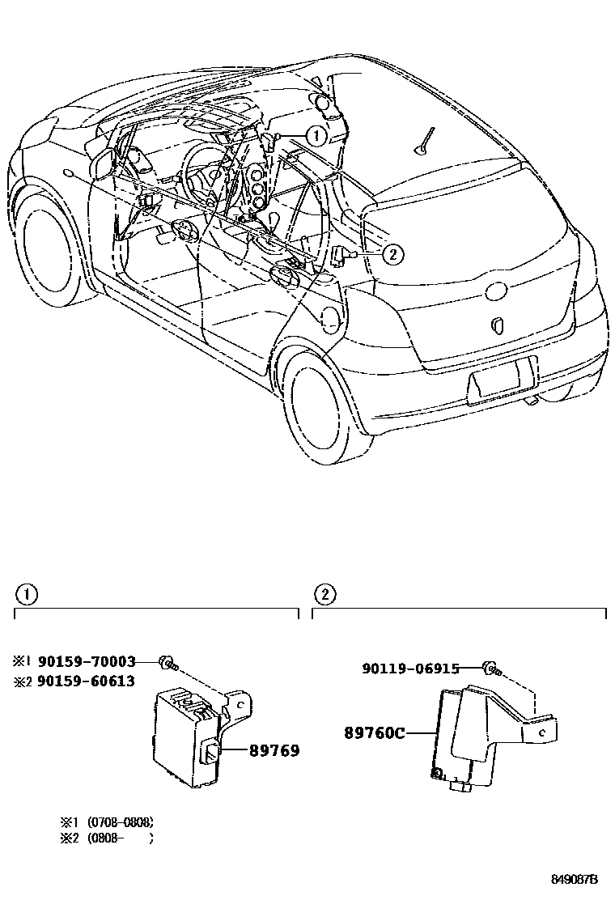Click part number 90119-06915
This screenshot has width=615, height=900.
[x=411, y=669]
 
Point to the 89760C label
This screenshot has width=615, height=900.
[x=374, y=732]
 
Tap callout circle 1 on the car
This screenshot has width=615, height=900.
[x=316, y=135]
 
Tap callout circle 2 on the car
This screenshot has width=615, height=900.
[x=391, y=254]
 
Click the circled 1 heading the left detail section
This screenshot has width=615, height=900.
[x=26, y=595]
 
